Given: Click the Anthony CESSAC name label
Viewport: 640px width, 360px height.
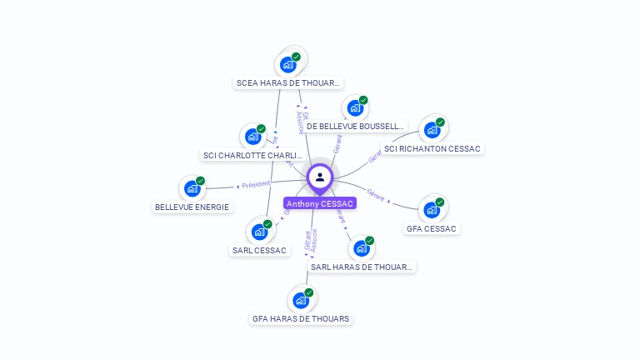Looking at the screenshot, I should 320,203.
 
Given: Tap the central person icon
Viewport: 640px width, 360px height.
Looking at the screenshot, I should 320,177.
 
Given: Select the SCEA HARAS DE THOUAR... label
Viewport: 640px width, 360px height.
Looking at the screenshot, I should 288,82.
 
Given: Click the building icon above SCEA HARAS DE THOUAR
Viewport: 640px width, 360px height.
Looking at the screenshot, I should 288,64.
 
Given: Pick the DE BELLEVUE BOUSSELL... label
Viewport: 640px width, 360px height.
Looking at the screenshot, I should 355,126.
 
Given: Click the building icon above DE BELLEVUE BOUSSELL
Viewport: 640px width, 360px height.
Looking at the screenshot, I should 356,108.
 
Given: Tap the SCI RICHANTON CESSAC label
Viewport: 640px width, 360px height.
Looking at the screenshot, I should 432,148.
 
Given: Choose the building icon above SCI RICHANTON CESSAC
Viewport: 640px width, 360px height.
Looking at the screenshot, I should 432,130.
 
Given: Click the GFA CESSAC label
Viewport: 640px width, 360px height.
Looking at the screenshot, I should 432,228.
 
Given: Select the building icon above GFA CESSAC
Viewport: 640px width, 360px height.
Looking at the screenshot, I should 432,210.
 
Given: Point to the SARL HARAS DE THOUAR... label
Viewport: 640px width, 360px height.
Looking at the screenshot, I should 362,267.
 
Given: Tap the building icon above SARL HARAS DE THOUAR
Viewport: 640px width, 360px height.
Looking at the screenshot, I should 361,248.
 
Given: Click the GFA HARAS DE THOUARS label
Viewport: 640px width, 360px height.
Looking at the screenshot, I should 301,318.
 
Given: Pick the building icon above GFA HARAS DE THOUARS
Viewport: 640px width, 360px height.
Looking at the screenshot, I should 301,300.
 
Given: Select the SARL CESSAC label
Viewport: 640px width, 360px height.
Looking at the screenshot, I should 259,250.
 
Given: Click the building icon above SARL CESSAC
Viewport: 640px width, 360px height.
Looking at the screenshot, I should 259,232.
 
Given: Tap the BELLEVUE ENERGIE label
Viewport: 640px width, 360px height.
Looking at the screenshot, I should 192,207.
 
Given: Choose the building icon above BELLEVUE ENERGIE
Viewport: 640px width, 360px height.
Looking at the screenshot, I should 192,188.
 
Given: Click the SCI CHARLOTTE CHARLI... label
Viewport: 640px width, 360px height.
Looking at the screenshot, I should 252,155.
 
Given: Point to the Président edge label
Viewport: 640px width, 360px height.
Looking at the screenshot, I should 256,184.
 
